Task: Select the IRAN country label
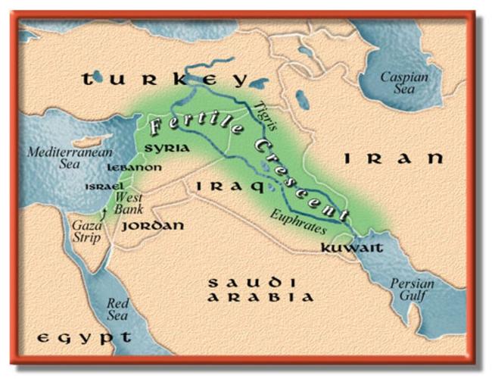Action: [392, 159]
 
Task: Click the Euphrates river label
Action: [297, 220]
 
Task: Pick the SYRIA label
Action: [167, 149]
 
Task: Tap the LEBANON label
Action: [134, 167]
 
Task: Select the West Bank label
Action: [129, 203]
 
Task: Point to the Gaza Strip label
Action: [87, 232]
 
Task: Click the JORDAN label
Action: [152, 226]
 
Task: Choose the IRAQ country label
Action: [229, 186]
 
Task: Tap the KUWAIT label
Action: [347, 248]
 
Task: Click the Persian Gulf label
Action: [413, 290]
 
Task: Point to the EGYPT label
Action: [83, 337]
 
